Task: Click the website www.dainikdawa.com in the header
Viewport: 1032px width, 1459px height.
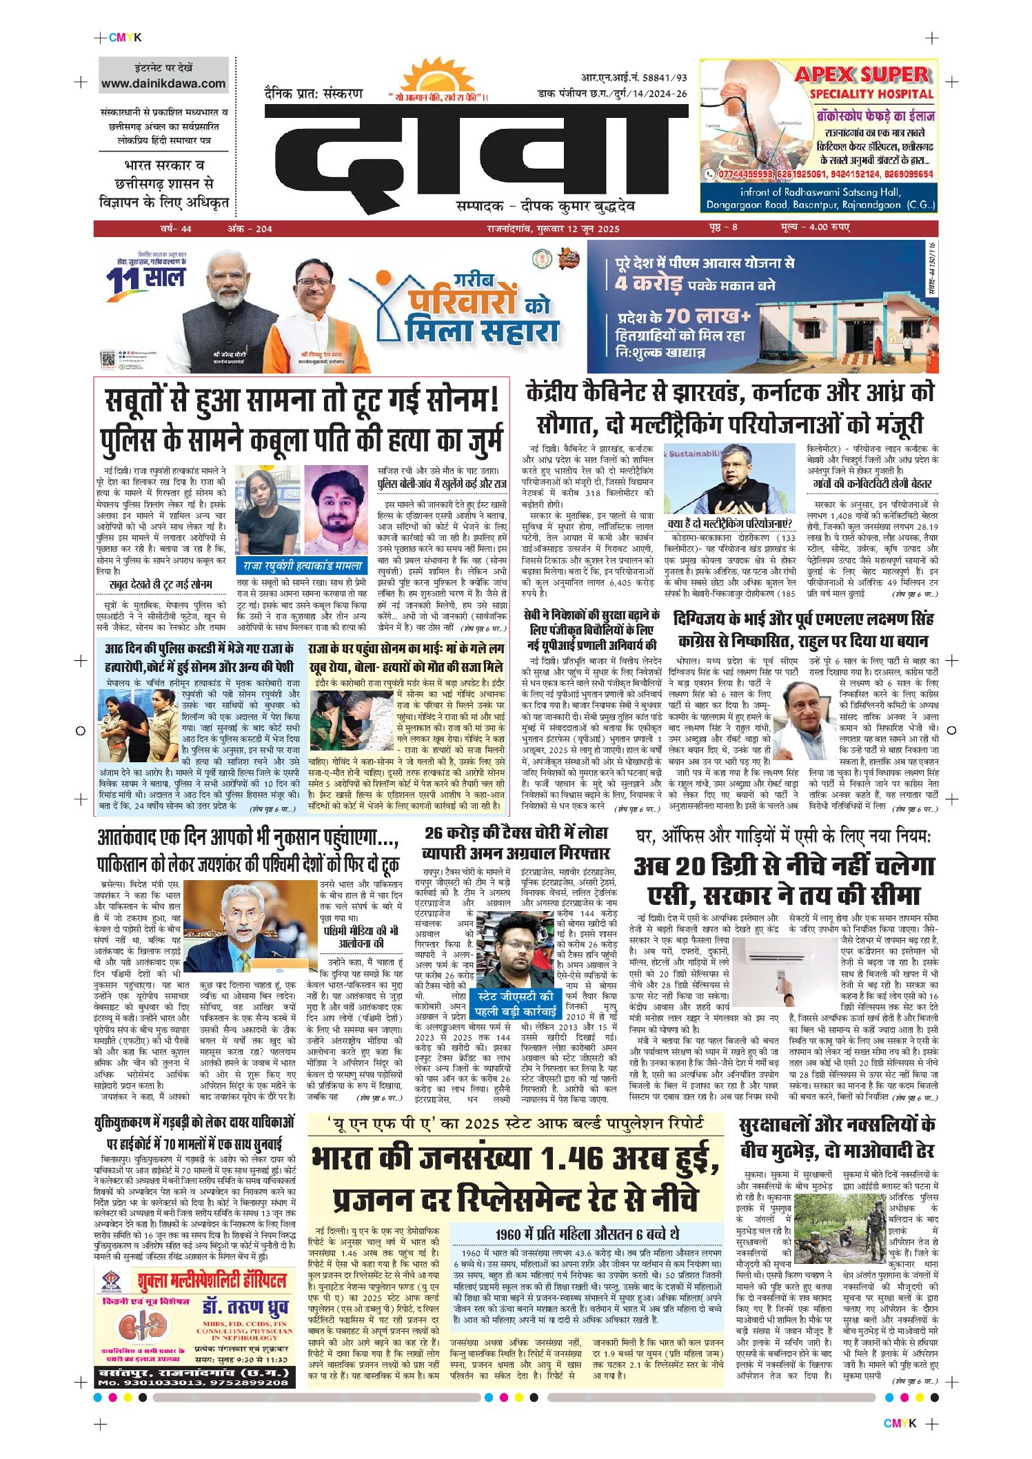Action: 163,83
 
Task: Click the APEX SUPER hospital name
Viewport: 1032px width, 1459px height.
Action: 862,74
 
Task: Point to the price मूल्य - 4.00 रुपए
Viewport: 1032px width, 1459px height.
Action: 815,227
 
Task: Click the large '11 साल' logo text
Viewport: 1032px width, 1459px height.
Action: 146,278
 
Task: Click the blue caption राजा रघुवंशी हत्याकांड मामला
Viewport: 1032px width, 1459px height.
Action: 302,566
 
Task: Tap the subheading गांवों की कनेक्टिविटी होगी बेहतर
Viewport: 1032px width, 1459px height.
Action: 872,484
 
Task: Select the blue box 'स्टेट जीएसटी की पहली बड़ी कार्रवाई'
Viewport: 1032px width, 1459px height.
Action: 516,1003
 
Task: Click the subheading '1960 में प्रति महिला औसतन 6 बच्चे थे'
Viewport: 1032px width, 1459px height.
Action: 587,1234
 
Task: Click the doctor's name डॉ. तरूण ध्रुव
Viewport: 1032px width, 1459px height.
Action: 245,1307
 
